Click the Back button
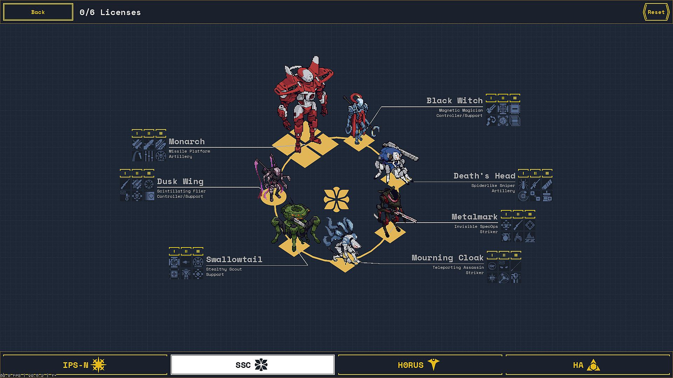[x=38, y=12]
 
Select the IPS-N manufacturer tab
[x=84, y=365]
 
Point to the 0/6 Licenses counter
[x=110, y=13]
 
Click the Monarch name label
[x=187, y=142]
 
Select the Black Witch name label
[x=455, y=101]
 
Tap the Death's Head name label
[x=484, y=176]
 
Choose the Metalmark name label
[x=475, y=217]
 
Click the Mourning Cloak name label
[x=448, y=258]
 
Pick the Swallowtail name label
[x=234, y=260]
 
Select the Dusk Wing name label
[x=180, y=182]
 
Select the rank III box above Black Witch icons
[x=515, y=98]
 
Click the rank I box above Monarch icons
[x=137, y=134]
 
